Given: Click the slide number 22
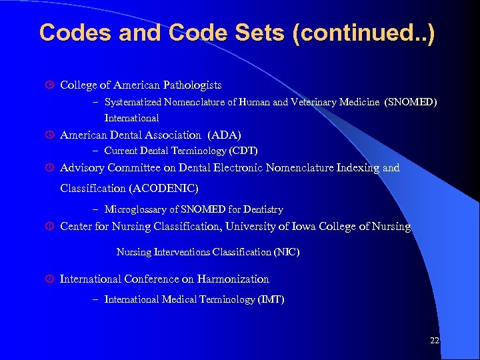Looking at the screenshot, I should tap(435, 341).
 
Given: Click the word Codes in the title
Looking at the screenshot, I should tap(70, 33).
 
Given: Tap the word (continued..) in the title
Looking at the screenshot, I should tap(364, 33).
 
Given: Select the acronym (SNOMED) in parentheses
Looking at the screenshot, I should tap(411, 102).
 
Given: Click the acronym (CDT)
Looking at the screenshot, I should tap(243, 151).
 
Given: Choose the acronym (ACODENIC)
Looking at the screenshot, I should tap(164, 188).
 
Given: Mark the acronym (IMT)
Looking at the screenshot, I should tap(271, 299).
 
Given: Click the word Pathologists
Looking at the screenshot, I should tap(189, 85).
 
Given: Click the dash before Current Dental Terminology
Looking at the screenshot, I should tap(97, 151).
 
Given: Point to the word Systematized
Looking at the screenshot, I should tap(135, 102).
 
